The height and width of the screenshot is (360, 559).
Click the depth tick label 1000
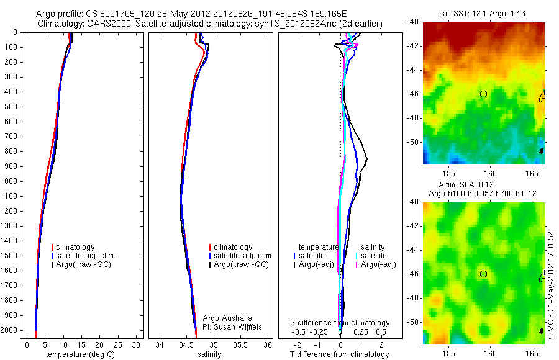9,181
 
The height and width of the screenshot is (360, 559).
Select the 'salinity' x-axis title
209,354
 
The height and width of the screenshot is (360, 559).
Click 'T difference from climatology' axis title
339,354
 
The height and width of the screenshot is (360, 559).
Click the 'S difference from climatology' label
340,323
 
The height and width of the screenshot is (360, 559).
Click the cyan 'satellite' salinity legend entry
373,256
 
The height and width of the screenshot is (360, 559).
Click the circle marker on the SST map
483,94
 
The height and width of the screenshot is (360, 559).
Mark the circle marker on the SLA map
483,274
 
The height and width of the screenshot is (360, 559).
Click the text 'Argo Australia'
227,318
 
